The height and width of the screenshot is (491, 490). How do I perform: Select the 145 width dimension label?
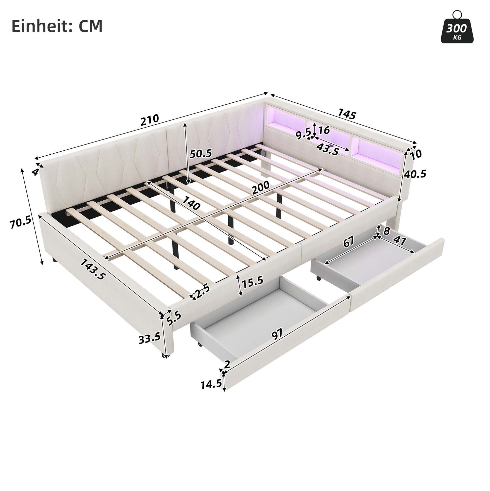click(x=346, y=114)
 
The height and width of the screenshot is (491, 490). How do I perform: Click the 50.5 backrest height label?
click(x=201, y=153)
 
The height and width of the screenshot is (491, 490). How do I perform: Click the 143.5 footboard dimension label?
click(x=93, y=269)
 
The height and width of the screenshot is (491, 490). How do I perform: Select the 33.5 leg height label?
click(x=150, y=338)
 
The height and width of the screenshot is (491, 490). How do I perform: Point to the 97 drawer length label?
click(x=277, y=334)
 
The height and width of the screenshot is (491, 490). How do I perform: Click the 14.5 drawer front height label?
click(x=211, y=385)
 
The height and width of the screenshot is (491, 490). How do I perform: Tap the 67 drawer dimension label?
click(x=349, y=242)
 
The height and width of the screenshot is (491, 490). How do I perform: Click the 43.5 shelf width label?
click(x=328, y=149)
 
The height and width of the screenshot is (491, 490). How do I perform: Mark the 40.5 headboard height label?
click(x=415, y=174)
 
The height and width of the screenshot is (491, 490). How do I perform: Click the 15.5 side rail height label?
click(x=252, y=282)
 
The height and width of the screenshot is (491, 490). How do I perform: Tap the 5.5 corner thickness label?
click(x=174, y=319)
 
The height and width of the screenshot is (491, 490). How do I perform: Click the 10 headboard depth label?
click(x=416, y=154)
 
